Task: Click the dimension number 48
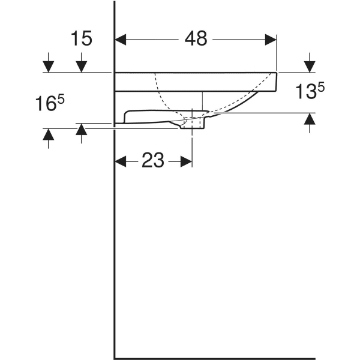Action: pos(196,39)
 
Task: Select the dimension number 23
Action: pos(153,161)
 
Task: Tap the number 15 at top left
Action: pos(82,39)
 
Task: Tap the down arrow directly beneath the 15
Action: pos(82,66)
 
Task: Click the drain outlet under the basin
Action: pos(193,122)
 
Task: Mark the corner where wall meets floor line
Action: pos(115,358)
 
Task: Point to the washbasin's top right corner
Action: pos(277,73)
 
